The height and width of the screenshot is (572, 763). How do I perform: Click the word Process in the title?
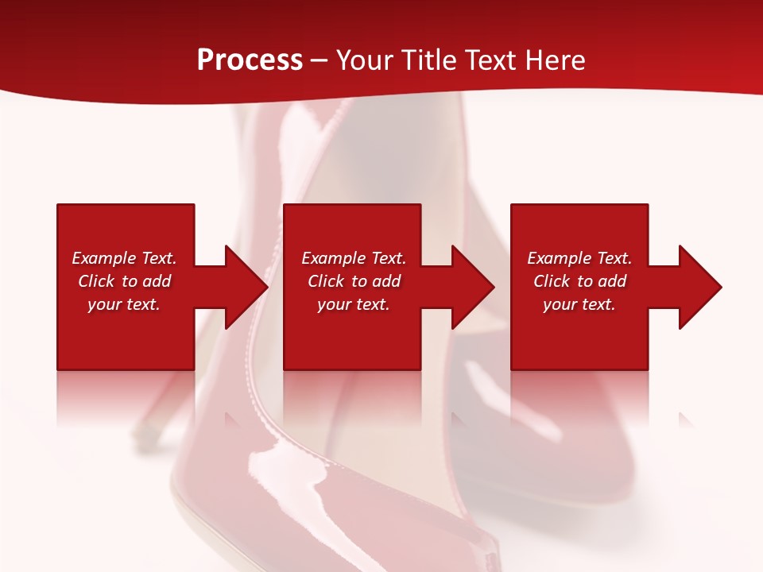pyautogui.click(x=250, y=60)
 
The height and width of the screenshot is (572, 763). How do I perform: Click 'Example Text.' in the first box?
pyautogui.click(x=124, y=258)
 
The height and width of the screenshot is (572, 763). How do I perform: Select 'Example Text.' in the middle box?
pyautogui.click(x=354, y=258)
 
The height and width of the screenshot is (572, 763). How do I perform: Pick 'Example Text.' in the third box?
pyautogui.click(x=579, y=258)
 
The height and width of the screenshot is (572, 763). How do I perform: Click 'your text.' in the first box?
pyautogui.click(x=124, y=304)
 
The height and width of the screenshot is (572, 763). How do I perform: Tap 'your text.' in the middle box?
pyautogui.click(x=354, y=304)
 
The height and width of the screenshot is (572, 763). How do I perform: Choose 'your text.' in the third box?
pyautogui.click(x=579, y=304)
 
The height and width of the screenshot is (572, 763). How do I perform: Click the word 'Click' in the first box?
pyautogui.click(x=96, y=281)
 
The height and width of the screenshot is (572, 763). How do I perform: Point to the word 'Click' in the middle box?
pyautogui.click(x=326, y=281)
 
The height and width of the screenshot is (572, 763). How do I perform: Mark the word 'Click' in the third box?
pyautogui.click(x=552, y=281)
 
